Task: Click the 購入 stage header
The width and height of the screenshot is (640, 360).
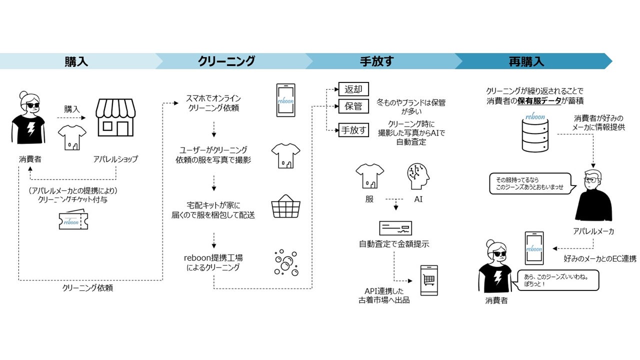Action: point(76,61)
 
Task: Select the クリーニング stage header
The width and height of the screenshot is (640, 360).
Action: point(226,61)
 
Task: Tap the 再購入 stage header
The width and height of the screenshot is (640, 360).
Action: point(526,61)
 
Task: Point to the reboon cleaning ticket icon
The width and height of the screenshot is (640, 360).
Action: point(73,221)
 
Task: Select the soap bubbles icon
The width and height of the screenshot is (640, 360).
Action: point(286,262)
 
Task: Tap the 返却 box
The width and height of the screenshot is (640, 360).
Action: point(353,89)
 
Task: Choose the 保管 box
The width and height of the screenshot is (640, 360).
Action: point(353,106)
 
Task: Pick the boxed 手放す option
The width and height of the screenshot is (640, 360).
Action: point(353,130)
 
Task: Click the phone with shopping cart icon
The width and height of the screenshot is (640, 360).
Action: point(428,281)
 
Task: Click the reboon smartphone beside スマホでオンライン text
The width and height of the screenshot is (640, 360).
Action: point(286,100)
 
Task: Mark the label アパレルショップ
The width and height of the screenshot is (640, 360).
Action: point(115,159)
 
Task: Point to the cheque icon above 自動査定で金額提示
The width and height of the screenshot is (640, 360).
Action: point(395,228)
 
